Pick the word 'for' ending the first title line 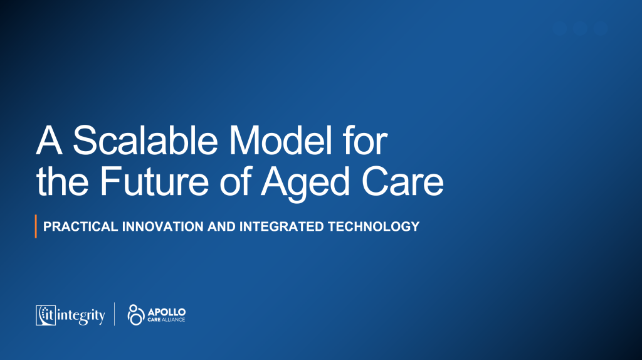(x=366, y=142)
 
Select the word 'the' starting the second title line (x=63, y=183)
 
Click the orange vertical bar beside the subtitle (x=36, y=226)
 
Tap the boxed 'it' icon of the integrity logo (x=46, y=315)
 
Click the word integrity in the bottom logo (x=81, y=315)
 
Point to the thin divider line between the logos (x=114, y=314)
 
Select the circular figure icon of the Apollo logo (x=135, y=314)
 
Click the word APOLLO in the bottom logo (x=166, y=311)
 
